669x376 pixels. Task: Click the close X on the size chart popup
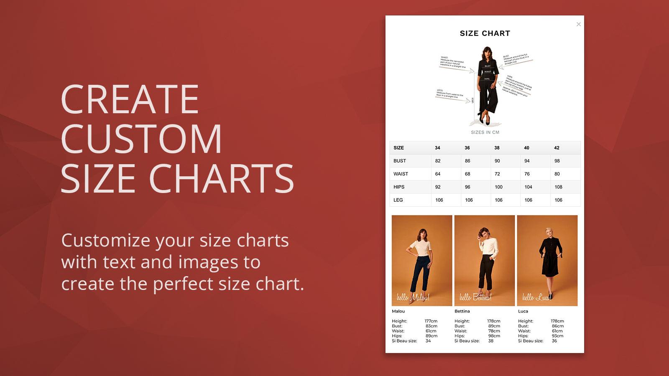pos(579,24)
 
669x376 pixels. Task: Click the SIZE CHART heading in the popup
pos(485,33)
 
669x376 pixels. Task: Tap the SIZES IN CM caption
pos(485,132)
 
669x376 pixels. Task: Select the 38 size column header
pos(497,148)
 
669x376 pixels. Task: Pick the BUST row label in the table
pos(400,161)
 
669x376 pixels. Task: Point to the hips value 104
pos(528,187)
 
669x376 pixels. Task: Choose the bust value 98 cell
pos(557,161)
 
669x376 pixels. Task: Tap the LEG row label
pos(398,200)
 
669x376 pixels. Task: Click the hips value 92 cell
pos(438,187)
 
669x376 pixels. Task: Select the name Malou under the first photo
pos(398,311)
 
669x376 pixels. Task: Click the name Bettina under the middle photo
pos(462,311)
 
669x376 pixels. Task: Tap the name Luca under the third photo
pos(523,311)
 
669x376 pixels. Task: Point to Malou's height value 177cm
pos(431,321)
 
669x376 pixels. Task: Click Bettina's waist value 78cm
pos(494,331)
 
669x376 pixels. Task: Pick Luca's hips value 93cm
pos(557,336)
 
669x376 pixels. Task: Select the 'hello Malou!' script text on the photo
pos(413,297)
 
